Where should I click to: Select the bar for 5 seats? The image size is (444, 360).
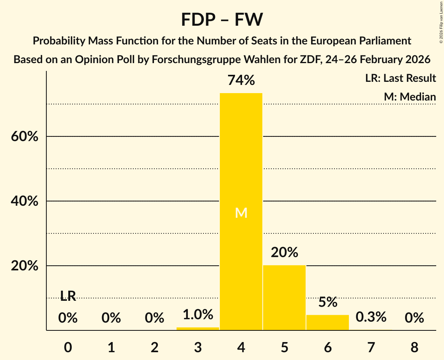click(284, 298)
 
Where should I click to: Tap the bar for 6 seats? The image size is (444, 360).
click(327, 322)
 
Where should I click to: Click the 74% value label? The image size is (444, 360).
click(241, 80)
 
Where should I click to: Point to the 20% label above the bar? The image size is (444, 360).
click(284, 252)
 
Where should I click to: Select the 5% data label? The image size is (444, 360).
click(327, 302)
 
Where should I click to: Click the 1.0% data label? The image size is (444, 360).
click(198, 314)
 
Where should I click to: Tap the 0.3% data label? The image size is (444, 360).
click(371, 317)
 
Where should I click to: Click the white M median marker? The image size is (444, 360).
click(241, 213)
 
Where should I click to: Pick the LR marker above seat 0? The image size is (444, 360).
click(68, 296)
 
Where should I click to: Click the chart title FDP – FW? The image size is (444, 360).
click(222, 19)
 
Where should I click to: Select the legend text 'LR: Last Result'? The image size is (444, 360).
click(400, 78)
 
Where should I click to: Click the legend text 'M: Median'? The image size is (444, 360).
click(410, 97)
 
